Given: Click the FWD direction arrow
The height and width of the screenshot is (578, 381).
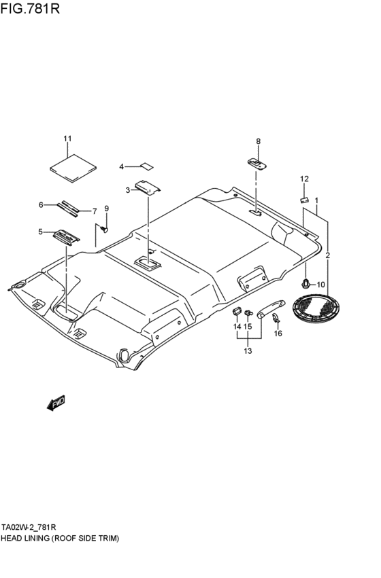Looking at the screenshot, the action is click(x=56, y=403).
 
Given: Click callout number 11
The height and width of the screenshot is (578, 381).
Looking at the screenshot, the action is click(x=67, y=139).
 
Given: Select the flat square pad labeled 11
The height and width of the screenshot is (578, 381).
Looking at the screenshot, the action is click(x=73, y=168).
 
